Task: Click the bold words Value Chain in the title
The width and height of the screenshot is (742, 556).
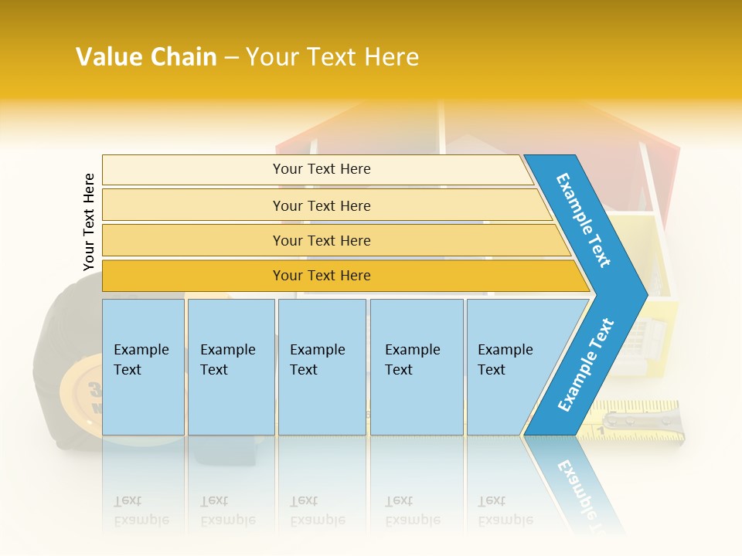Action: [146, 57]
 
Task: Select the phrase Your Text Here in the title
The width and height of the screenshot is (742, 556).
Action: [332, 57]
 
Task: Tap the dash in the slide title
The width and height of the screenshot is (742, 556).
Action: [231, 58]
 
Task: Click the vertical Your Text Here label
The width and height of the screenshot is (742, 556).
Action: [89, 222]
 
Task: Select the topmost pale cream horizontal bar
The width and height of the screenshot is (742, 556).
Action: [317, 169]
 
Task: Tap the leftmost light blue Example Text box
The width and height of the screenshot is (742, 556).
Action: [143, 367]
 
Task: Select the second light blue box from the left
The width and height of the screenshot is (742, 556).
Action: [231, 367]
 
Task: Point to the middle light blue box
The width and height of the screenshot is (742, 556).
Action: [322, 367]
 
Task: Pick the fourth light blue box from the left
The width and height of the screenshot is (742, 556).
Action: [417, 367]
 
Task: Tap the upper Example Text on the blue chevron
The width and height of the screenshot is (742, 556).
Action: [584, 220]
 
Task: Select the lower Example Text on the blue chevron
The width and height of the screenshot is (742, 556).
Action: [586, 365]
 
